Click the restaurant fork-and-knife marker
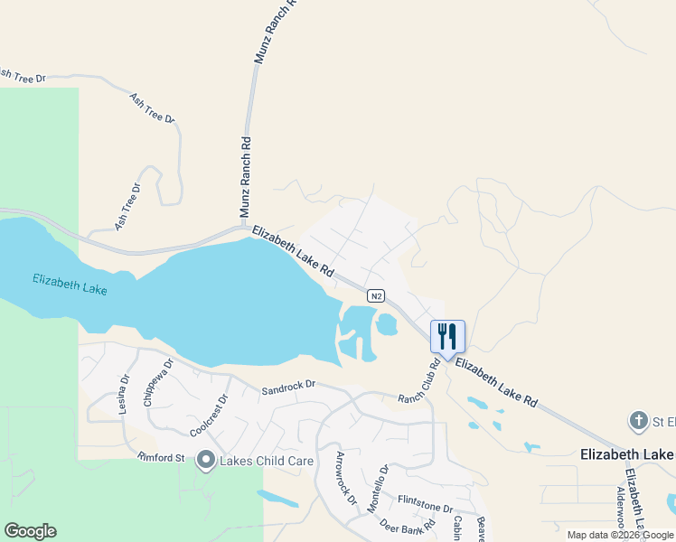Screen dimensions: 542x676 coord(447,336)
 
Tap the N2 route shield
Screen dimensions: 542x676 coord(378,295)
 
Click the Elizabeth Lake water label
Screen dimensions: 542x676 coord(70,285)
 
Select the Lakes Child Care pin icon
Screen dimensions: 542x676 coord(205,461)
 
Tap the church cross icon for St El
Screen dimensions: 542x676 coord(638,420)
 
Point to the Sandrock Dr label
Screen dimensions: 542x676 coord(288,388)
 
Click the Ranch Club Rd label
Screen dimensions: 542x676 coord(419,381)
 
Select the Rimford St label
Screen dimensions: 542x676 coord(161,458)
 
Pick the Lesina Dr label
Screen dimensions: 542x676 coord(125,395)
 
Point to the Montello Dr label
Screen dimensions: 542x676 coord(378,489)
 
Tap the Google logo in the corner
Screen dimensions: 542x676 coord(30,531)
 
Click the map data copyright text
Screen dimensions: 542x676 coord(620,535)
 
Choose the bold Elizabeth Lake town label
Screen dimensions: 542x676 coord(624,453)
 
